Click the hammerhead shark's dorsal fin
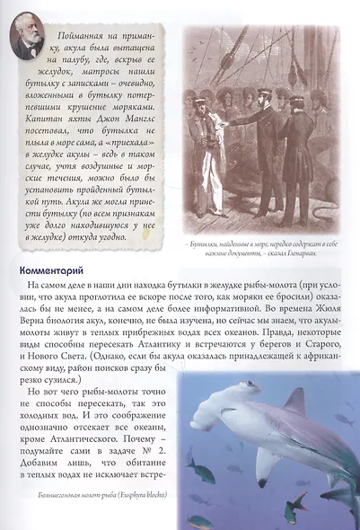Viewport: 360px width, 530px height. click(x=294, y=402)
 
